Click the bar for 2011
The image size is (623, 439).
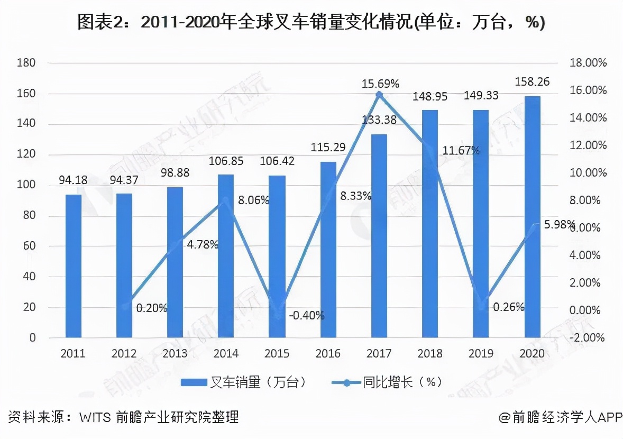(x=74, y=266)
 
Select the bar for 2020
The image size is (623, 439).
(x=532, y=217)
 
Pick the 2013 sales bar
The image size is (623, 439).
(x=175, y=262)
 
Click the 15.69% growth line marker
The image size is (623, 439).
(x=379, y=95)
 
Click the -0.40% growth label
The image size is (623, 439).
(x=307, y=316)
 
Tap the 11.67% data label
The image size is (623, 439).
(x=461, y=151)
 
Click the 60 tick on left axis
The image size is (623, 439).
(x=29, y=246)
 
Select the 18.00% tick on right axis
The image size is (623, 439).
(x=588, y=63)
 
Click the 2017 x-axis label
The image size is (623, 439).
(x=379, y=353)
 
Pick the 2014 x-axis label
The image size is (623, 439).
(x=226, y=353)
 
